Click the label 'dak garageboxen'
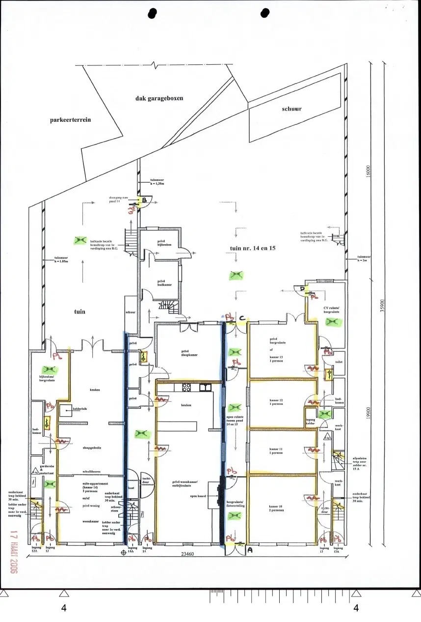(159, 98)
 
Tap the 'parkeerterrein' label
(70, 120)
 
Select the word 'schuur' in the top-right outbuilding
(291, 109)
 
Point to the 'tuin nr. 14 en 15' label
(253, 249)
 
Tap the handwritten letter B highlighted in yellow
(144, 200)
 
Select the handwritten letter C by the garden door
(242, 317)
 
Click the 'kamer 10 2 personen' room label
(278, 509)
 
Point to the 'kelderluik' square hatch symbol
(63, 409)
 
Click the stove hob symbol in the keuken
(186, 387)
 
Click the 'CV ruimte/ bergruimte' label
(335, 311)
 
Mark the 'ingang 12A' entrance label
(35, 550)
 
